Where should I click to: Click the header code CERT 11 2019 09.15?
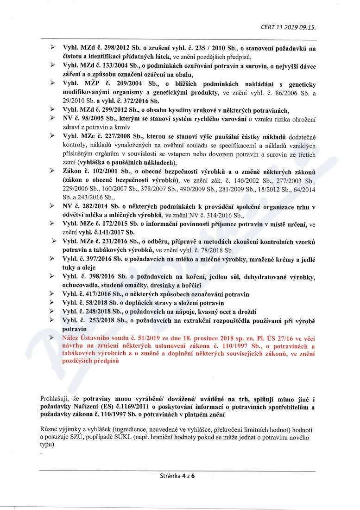(x=288, y=27)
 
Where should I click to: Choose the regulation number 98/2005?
(x=89, y=119)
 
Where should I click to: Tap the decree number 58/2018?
(x=94, y=303)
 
